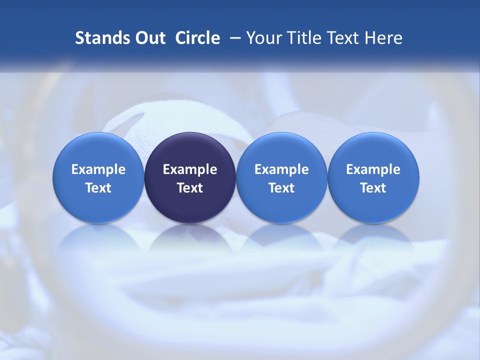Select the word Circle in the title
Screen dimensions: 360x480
(197, 38)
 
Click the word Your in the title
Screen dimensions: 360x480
(262, 38)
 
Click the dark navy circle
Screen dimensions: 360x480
(190, 150)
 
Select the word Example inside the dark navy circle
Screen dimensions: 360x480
(190, 169)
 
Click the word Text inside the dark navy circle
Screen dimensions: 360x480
(190, 188)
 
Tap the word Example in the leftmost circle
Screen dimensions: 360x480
(98, 169)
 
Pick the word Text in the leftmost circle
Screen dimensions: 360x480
(98, 188)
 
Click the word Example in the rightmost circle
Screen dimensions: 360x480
(373, 169)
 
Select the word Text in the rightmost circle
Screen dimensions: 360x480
(373, 188)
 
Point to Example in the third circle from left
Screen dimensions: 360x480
(281, 169)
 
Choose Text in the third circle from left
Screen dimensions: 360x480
(281, 188)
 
